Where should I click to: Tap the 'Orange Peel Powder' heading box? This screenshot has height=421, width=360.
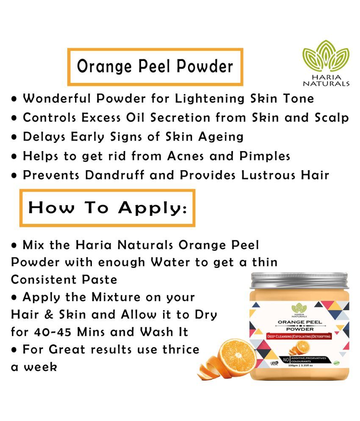tap(155, 67)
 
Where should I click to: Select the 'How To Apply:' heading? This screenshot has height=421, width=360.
tap(107, 208)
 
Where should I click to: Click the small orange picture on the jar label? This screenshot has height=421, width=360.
tap(302, 347)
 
